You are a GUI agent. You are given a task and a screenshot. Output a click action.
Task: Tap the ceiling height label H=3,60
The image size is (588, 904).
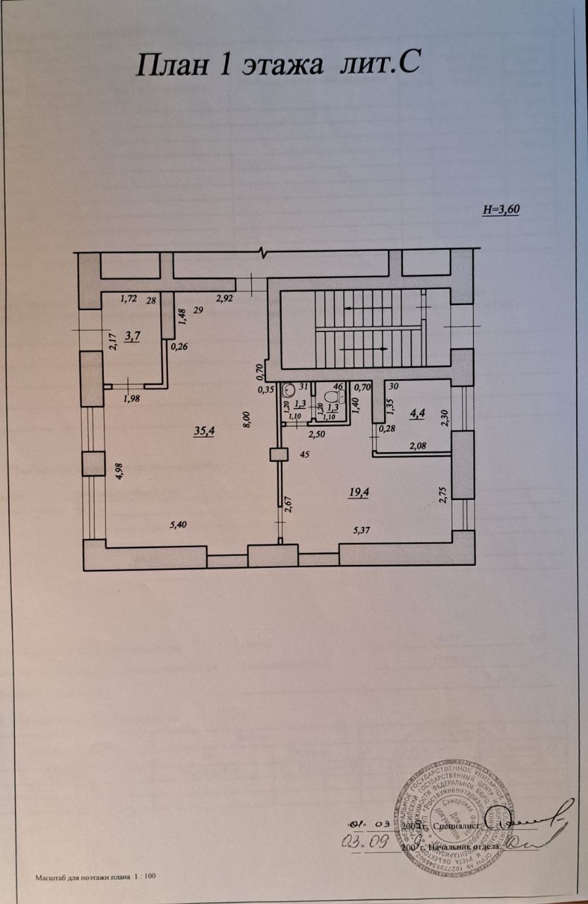pyautogui.click(x=500, y=210)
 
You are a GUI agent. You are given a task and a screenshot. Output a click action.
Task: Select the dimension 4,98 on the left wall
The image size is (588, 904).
pyautogui.click(x=119, y=470)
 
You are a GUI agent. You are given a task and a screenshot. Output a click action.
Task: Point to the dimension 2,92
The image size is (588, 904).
pyautogui.click(x=225, y=298)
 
